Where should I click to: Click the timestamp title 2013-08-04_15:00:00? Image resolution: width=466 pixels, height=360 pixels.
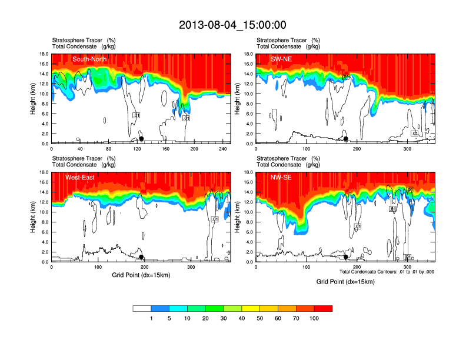point(232,25)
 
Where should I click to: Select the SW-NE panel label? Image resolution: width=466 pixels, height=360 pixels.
point(282,59)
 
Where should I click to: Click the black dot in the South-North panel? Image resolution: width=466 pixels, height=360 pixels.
point(141,139)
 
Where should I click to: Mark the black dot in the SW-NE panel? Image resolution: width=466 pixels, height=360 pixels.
point(346,139)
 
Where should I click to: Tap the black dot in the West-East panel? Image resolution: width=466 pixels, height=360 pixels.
point(141,257)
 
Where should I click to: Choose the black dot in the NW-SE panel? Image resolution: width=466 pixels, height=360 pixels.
point(346,257)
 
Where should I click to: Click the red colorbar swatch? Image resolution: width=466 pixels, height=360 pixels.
point(323,308)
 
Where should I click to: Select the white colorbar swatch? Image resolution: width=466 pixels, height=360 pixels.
point(142,308)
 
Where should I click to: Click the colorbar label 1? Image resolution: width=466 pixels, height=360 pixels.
point(151,318)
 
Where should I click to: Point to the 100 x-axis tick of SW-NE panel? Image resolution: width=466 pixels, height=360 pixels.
point(307,149)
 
